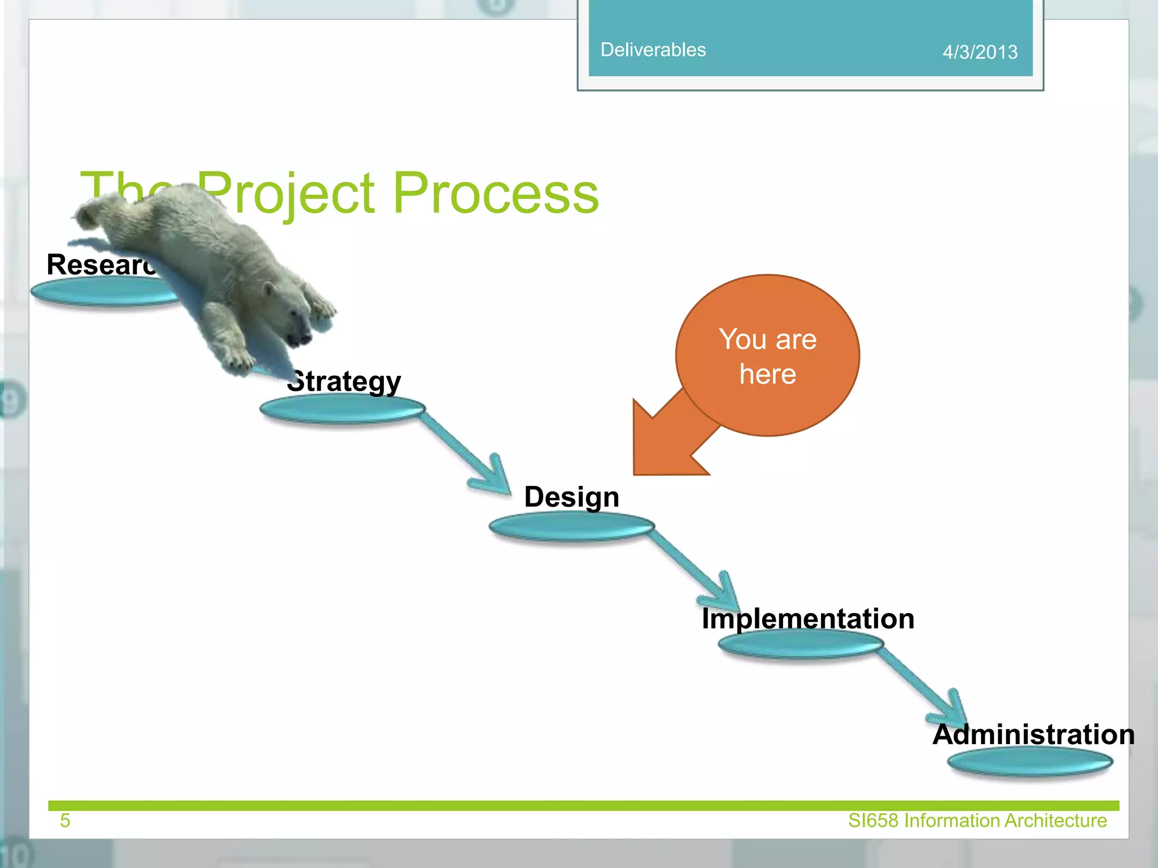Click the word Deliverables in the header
tap(653, 50)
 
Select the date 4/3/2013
tap(979, 52)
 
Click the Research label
tap(99, 264)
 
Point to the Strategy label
tap(345, 381)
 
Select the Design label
tap(572, 497)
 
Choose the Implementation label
tap(807, 618)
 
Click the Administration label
tap(1033, 735)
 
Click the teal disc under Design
tap(571, 527)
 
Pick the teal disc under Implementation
tap(801, 644)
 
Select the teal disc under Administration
tap(1030, 762)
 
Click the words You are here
tap(767, 356)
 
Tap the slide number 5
tap(65, 821)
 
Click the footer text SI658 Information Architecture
tap(977, 821)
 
